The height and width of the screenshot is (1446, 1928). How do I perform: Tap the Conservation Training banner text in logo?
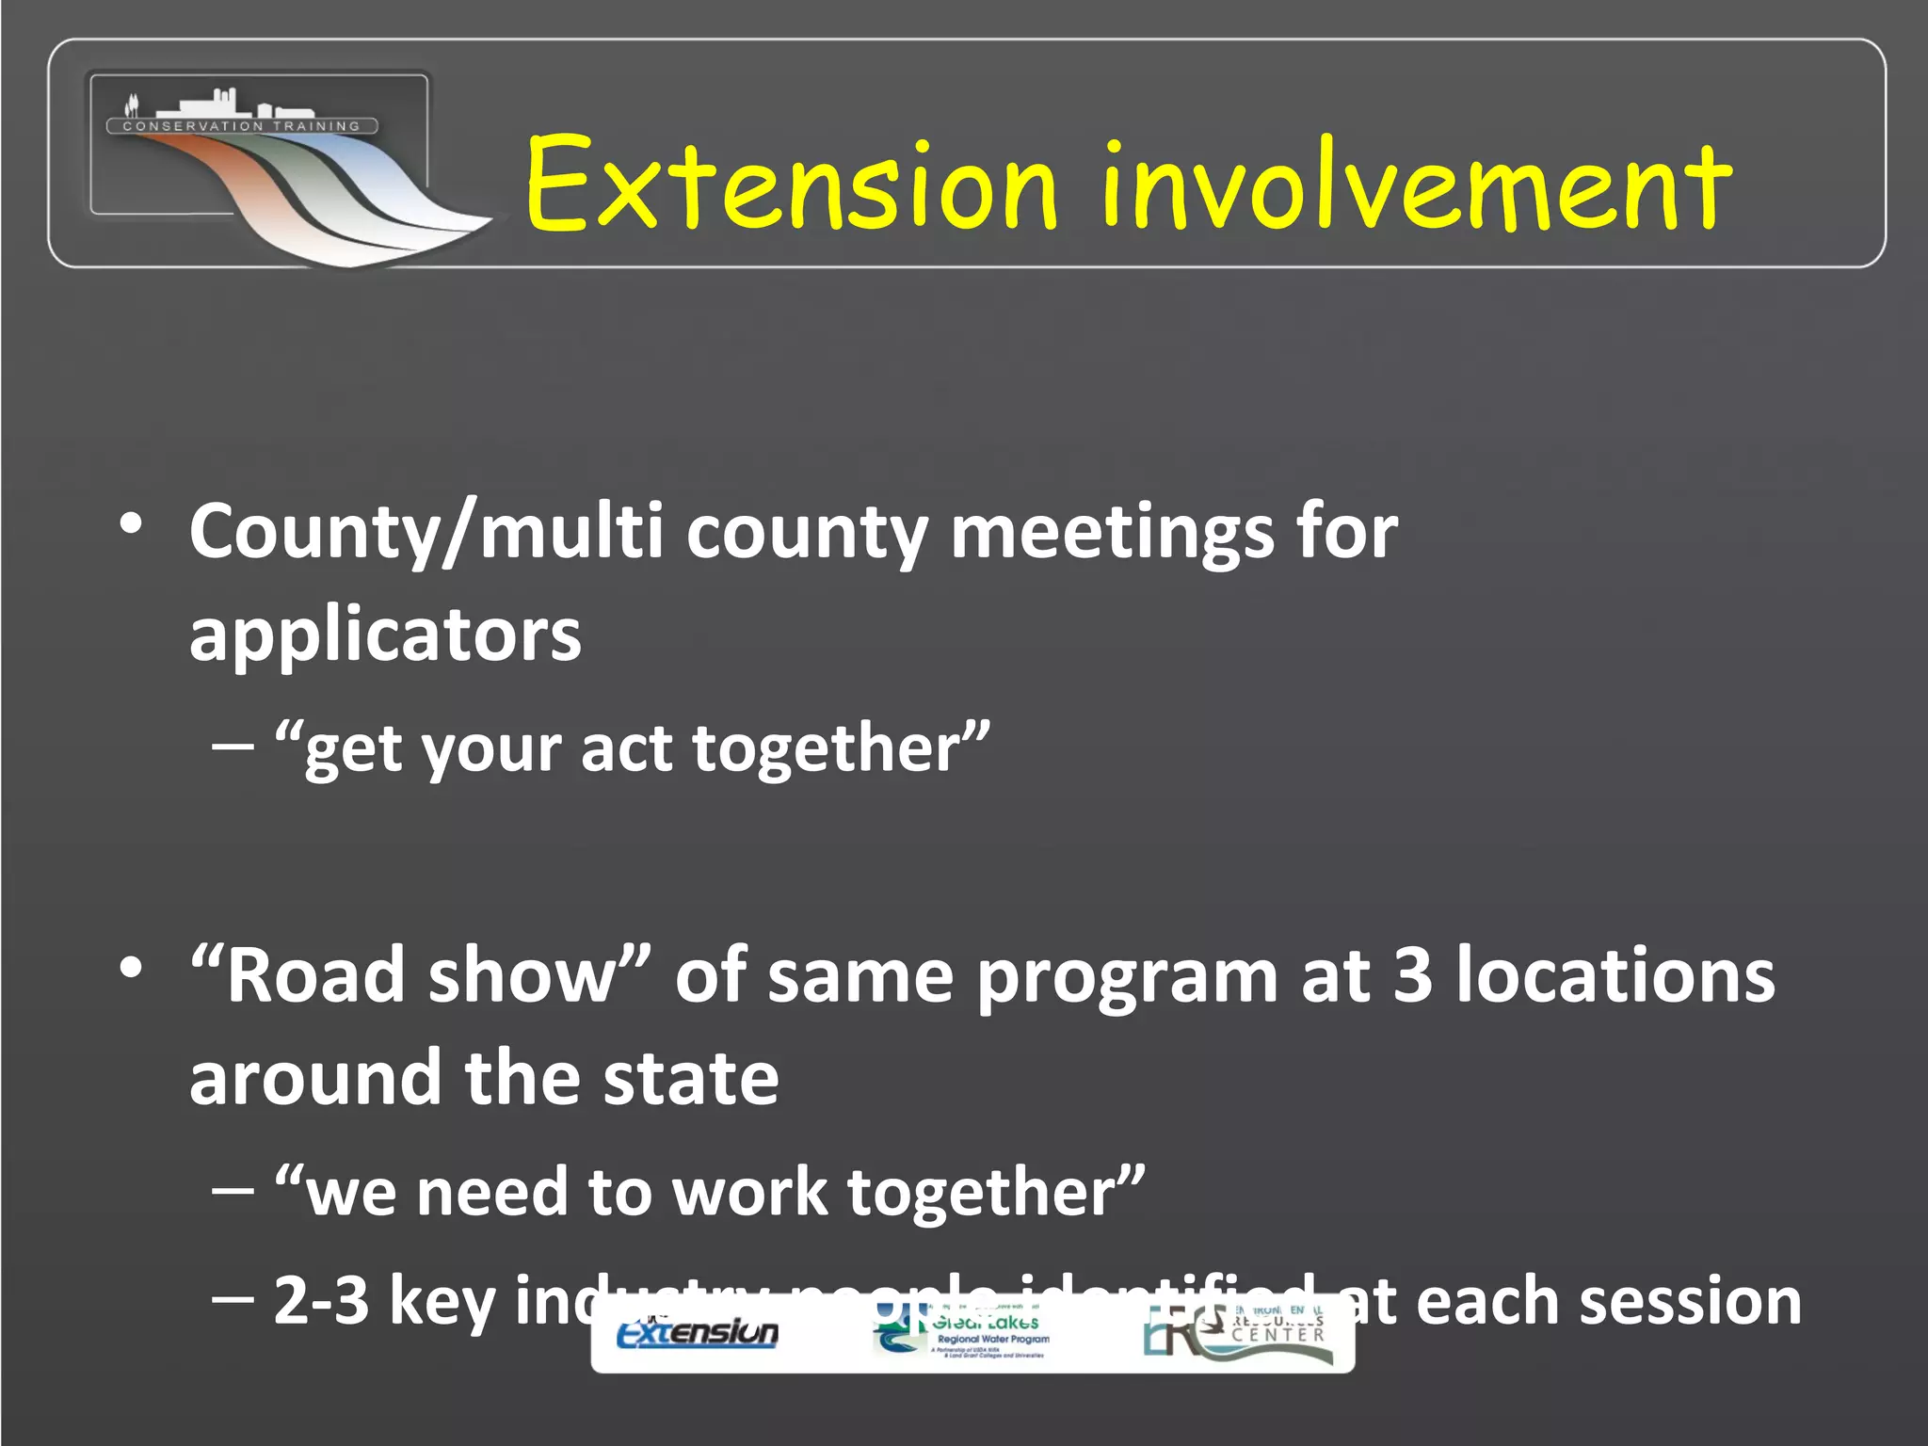[242, 126]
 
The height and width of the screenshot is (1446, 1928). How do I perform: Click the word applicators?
[385, 635]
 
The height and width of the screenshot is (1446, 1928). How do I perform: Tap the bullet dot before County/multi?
[131, 523]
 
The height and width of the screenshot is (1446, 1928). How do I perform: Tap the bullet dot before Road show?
[131, 967]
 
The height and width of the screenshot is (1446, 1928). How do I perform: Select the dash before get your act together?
[233, 747]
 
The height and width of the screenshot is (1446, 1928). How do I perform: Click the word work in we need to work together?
[749, 1193]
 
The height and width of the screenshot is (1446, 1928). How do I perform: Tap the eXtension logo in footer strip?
[698, 1332]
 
